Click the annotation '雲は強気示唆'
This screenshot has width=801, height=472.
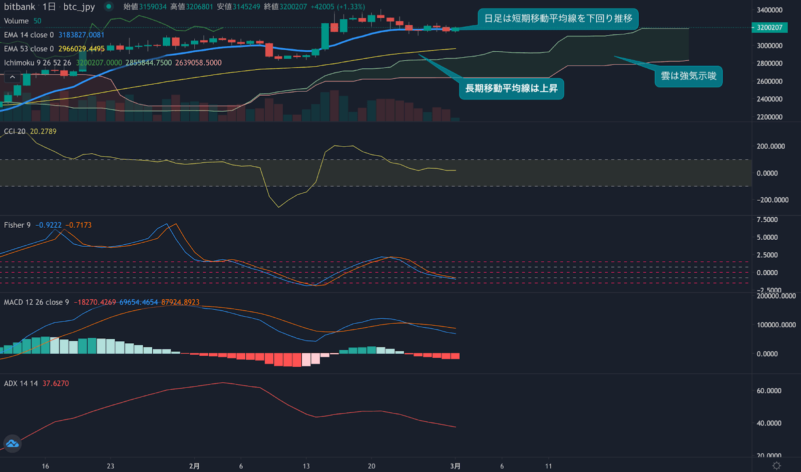pyautogui.click(x=688, y=76)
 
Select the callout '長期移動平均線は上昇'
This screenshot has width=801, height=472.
pyautogui.click(x=511, y=89)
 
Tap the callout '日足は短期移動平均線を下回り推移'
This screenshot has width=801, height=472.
pyautogui.click(x=558, y=19)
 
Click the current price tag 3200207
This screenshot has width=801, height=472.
pyautogui.click(x=769, y=28)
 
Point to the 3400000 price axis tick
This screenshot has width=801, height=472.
pyautogui.click(x=769, y=10)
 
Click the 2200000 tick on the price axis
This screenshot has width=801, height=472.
pyautogui.click(x=769, y=117)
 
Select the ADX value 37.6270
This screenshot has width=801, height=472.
pyautogui.click(x=56, y=383)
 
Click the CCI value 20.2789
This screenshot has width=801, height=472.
pyautogui.click(x=43, y=131)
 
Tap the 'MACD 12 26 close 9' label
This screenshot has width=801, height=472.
pyautogui.click(x=37, y=302)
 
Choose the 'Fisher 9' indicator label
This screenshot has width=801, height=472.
pyautogui.click(x=17, y=225)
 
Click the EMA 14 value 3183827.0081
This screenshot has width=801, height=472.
pyautogui.click(x=81, y=35)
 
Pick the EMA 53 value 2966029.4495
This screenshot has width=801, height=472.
pyautogui.click(x=81, y=49)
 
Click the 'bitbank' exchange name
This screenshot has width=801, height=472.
pyautogui.click(x=20, y=7)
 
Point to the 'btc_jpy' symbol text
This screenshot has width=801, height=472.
pyautogui.click(x=79, y=7)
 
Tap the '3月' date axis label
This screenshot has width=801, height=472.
pyautogui.click(x=455, y=466)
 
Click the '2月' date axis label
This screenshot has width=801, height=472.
pyautogui.click(x=194, y=466)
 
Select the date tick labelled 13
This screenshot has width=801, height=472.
pyautogui.click(x=306, y=466)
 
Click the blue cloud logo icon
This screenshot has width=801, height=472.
pyautogui.click(x=12, y=443)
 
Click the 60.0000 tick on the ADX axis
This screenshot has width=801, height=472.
pyautogui.click(x=768, y=391)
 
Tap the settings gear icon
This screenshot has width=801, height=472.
pyautogui.click(x=776, y=466)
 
